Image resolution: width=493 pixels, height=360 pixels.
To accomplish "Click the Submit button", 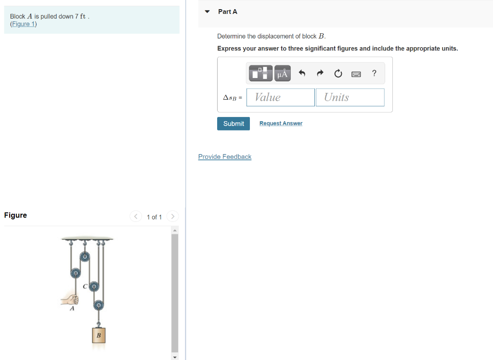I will (234, 124).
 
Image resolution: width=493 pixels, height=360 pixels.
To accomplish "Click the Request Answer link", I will (281, 124).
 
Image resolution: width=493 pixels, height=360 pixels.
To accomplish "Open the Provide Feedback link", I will (225, 157).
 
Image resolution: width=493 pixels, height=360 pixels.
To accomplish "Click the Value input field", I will (281, 97).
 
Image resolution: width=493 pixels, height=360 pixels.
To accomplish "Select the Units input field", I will (350, 97).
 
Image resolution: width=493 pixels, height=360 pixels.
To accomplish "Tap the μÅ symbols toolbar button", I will (283, 73).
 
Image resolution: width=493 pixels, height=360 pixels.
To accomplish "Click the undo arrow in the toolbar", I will (302, 73).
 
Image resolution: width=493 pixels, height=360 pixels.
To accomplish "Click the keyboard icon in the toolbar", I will (356, 74).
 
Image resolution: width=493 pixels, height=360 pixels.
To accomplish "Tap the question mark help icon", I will (374, 73).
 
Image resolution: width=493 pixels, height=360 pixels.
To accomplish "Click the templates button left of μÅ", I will (261, 73).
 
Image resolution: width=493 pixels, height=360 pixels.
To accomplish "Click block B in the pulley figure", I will (99, 335).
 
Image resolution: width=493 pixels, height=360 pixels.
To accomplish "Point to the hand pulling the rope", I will (70, 299).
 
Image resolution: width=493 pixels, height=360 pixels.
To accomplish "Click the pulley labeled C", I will (94, 286).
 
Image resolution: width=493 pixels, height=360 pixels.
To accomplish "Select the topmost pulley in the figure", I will (85, 257).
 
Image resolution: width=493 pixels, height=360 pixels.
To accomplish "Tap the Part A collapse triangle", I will (208, 12).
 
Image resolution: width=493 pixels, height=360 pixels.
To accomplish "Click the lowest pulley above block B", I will (98, 305).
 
